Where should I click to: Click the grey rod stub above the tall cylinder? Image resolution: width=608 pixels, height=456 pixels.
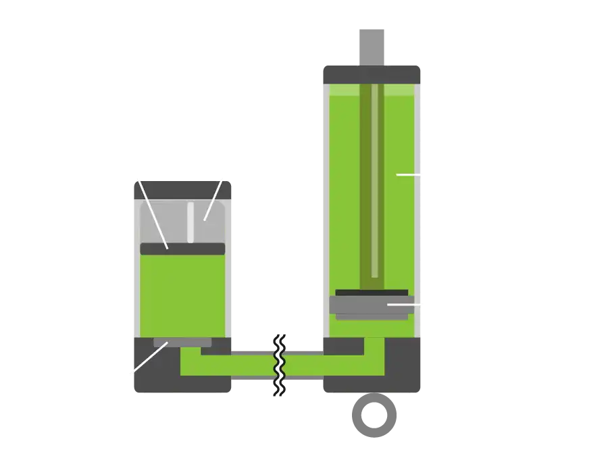(372, 45)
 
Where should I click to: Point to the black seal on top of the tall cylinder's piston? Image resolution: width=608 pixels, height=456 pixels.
(372, 293)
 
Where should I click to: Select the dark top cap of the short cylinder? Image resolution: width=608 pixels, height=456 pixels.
(180, 188)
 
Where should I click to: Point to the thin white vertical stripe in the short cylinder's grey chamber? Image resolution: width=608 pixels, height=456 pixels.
(191, 222)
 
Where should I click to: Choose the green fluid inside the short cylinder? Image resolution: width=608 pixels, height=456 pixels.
(182, 294)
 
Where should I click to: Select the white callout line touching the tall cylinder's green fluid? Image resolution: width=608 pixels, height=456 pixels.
(409, 174)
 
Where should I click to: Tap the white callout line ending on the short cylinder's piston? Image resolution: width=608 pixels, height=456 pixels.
(153, 213)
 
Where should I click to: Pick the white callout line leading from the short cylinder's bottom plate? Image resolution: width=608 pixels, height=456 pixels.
(149, 359)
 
